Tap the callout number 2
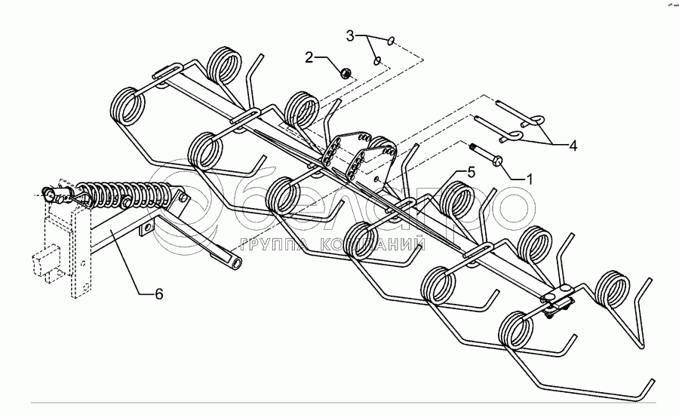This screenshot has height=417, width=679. (310, 57)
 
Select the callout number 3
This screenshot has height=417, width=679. (351, 35)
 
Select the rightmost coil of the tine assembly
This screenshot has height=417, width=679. (613, 289)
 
